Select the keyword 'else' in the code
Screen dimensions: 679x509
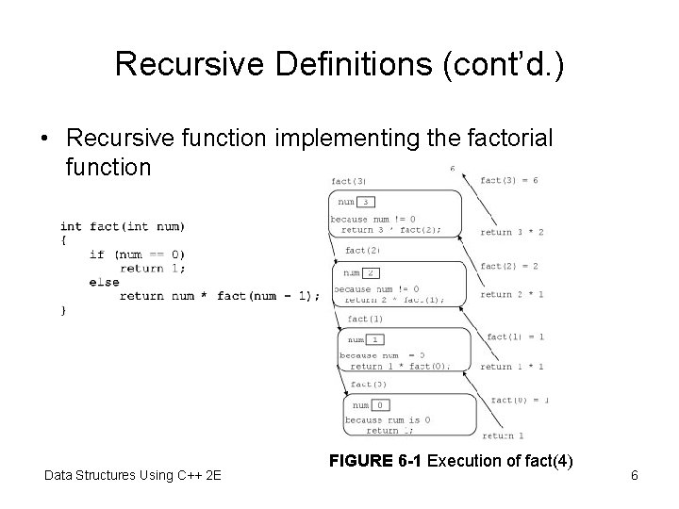coord(104,281)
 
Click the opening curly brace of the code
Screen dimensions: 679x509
coord(64,239)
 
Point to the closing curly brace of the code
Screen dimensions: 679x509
coord(64,309)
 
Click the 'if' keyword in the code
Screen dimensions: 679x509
coord(96,254)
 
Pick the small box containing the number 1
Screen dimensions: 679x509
coord(373,339)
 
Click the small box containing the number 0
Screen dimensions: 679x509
coord(378,404)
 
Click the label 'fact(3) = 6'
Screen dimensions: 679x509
coord(508,180)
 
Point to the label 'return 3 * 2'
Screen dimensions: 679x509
coord(511,232)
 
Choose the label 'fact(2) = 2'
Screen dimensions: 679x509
coord(508,266)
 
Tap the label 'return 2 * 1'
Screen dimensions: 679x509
coord(511,295)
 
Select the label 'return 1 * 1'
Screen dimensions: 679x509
coord(511,367)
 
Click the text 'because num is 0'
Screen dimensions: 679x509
coord(388,419)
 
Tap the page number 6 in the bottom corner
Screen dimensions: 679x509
coord(635,475)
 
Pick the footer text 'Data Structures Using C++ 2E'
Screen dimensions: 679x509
coord(133,475)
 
